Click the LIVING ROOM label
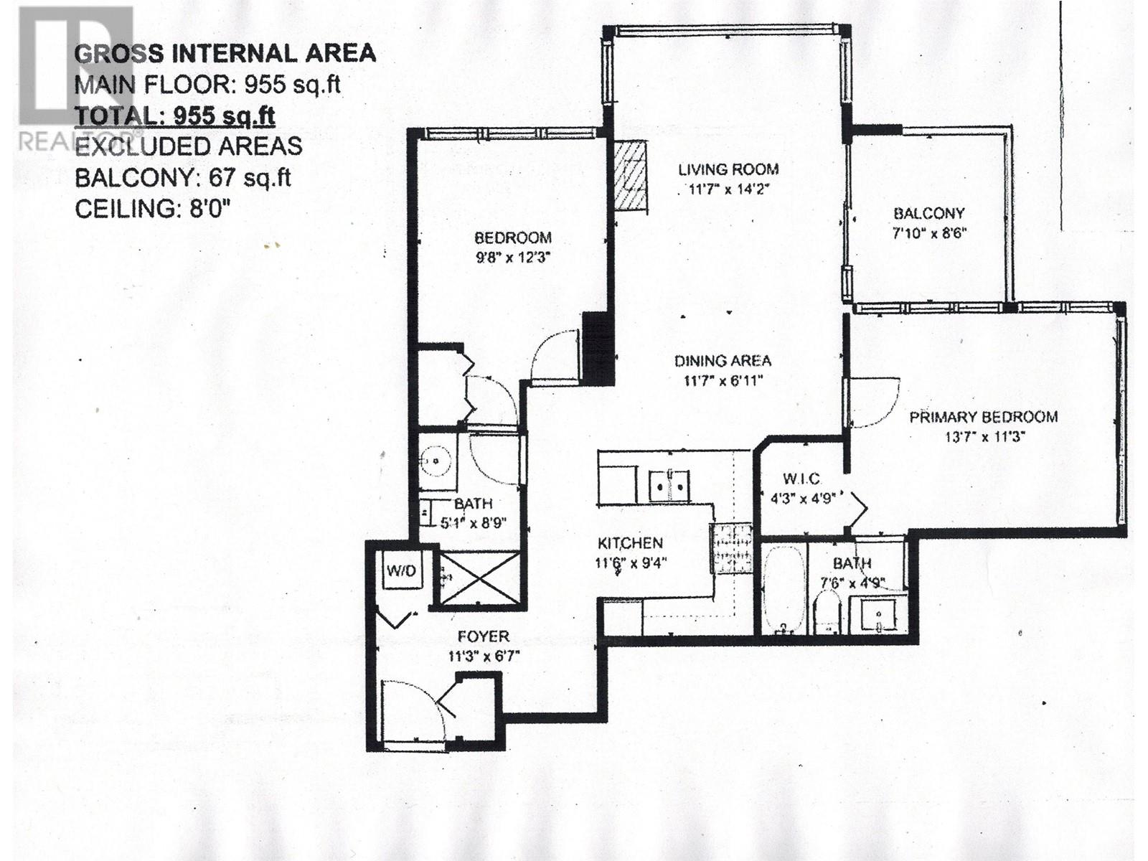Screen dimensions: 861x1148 click(728, 169)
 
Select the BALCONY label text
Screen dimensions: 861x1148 click(928, 213)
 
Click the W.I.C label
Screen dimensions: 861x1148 click(801, 479)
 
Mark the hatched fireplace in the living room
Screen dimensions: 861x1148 click(631, 177)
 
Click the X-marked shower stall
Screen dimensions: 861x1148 click(479, 578)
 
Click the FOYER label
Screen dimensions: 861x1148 click(483, 636)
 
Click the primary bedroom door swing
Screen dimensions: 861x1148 click(872, 402)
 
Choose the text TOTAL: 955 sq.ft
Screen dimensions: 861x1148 click(175, 116)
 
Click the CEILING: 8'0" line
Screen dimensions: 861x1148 click(152, 210)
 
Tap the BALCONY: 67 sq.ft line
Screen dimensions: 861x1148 click(183, 177)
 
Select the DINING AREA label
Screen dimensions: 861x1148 click(723, 361)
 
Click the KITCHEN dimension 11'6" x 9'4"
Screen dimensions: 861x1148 click(631, 563)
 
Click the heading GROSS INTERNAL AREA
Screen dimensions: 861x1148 click(225, 53)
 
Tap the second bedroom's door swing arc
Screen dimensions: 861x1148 click(555, 355)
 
